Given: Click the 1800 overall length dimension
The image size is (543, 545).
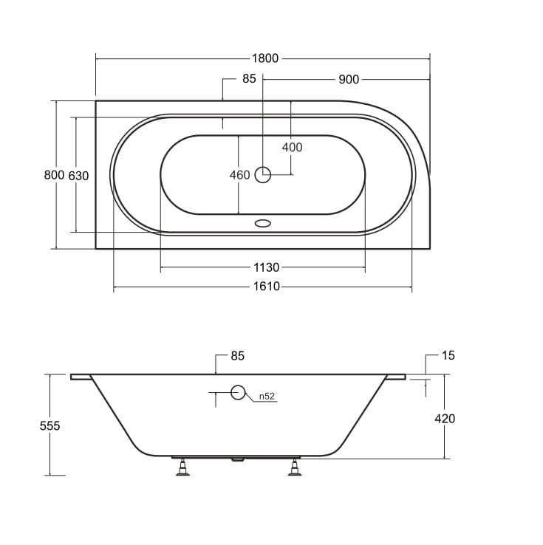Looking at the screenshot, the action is coord(265,58).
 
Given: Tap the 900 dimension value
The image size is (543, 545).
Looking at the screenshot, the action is coord(349,80).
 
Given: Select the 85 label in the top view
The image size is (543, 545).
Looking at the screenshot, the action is coord(249,79).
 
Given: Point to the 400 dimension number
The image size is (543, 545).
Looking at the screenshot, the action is coord(292,148).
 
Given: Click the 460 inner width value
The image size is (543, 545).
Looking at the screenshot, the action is coord(239,175).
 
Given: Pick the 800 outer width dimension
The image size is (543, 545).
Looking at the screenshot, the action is coord(54,175).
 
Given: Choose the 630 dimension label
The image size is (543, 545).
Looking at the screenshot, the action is coord(78,176).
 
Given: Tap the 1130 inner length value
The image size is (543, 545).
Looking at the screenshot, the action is coord(266,267).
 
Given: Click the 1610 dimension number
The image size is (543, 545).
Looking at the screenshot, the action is coord(266,287).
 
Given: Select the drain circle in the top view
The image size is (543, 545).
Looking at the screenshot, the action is coord(263,175).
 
